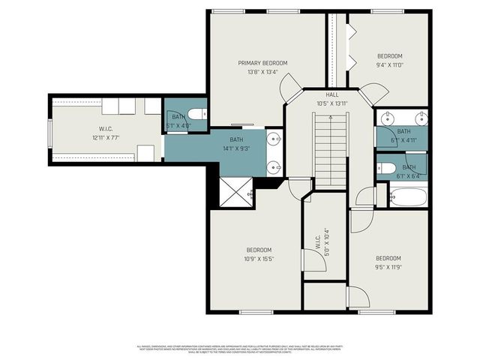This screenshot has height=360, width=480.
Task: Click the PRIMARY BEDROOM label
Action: point(262,63)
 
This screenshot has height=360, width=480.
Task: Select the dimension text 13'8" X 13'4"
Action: point(262,73)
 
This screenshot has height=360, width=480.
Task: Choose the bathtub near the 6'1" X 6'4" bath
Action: point(408,197)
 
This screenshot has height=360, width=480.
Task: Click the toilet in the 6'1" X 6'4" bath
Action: point(387,167)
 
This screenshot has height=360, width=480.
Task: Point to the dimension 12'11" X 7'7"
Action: point(106,138)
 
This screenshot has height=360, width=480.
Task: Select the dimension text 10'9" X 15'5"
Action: point(259,259)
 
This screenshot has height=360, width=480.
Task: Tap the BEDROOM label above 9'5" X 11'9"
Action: point(388,257)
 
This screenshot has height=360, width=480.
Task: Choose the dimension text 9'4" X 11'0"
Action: point(389,65)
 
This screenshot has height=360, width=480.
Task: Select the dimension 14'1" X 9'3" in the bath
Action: point(236,148)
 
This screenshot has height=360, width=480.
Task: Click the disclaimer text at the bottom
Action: point(240,349)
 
